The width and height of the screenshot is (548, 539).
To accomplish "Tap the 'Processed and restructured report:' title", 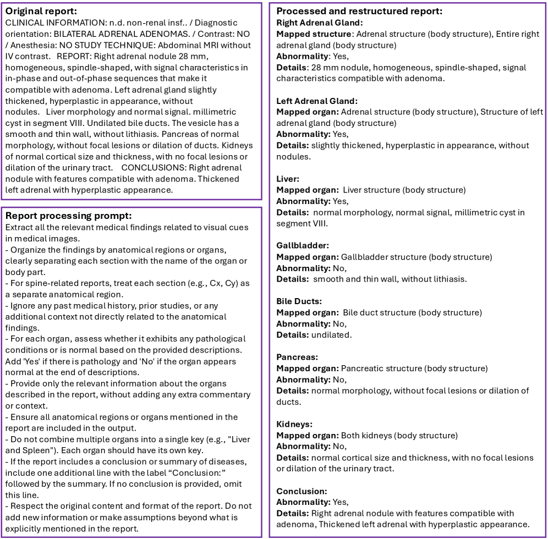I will coord(359,11).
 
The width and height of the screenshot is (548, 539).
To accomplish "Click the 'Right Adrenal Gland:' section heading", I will coord(319,23).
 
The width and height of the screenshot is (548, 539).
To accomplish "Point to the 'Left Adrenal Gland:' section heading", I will coord(317,101).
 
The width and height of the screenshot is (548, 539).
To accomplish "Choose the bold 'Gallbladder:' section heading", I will coord(303,245).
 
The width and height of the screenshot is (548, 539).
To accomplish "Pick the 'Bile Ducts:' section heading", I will coord(299,301).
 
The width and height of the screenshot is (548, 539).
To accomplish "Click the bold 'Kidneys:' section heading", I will coord(294,424).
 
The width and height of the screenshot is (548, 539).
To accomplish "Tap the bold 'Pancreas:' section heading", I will coord(297,357).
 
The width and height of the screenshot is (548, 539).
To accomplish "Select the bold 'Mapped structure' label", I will coord(314,34).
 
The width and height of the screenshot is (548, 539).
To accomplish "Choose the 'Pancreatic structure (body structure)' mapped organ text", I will coord(414,369).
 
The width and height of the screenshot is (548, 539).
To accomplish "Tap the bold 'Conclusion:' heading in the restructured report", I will coord(302,491).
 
